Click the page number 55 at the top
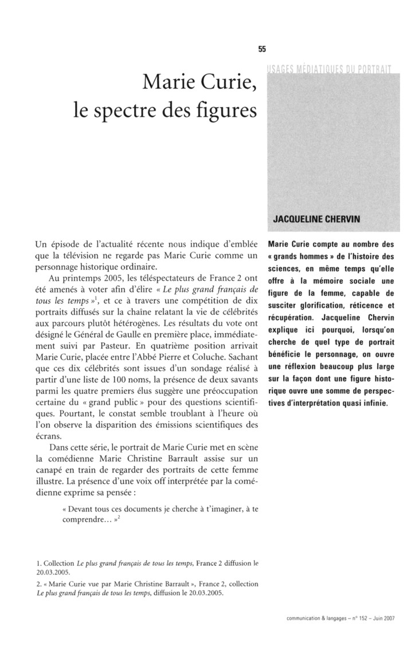(x=261, y=49)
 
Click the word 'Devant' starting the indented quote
(x=80, y=508)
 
